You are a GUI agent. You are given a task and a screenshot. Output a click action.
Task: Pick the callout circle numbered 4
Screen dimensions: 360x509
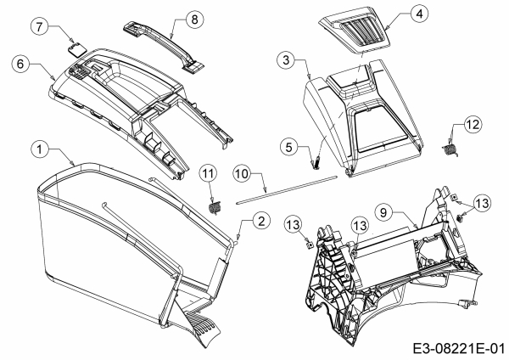click(396, 14)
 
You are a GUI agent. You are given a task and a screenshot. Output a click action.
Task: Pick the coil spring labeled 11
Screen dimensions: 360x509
click(214, 205)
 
